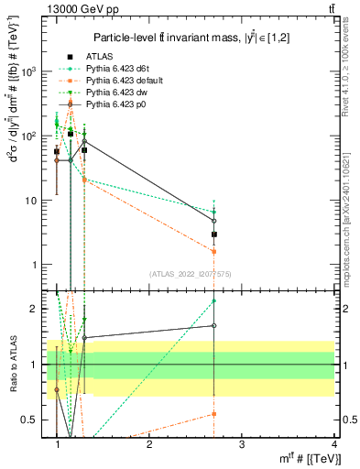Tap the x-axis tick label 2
coord(149,443)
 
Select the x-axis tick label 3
coord(241,443)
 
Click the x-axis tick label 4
coord(333,443)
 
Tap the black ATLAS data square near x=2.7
coord(213,234)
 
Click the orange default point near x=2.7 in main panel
coord(213,251)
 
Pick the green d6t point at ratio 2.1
coord(213,300)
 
